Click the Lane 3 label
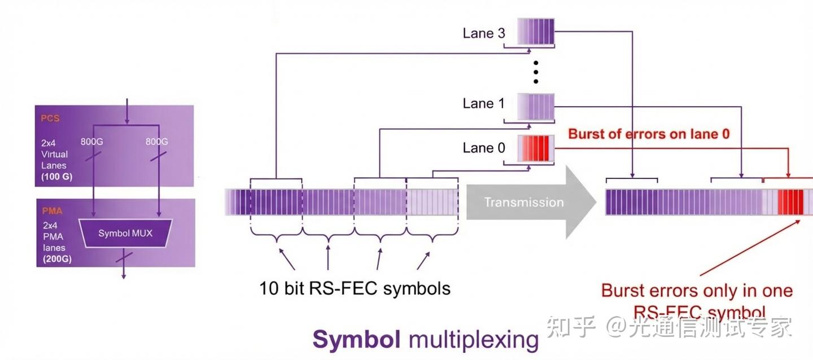[x=484, y=33]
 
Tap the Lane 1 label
[x=484, y=103]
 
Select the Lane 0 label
[x=484, y=148]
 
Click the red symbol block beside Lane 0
[x=536, y=148]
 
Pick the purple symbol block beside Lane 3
[x=536, y=32]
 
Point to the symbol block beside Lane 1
[x=536, y=105]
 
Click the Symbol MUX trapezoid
[x=125, y=233]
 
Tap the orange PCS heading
[x=50, y=119]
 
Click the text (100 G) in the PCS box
[x=56, y=177]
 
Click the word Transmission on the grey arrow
[x=524, y=202]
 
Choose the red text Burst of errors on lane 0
[x=649, y=134]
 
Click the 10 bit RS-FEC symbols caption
[x=355, y=288]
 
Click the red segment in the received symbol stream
[x=790, y=203]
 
